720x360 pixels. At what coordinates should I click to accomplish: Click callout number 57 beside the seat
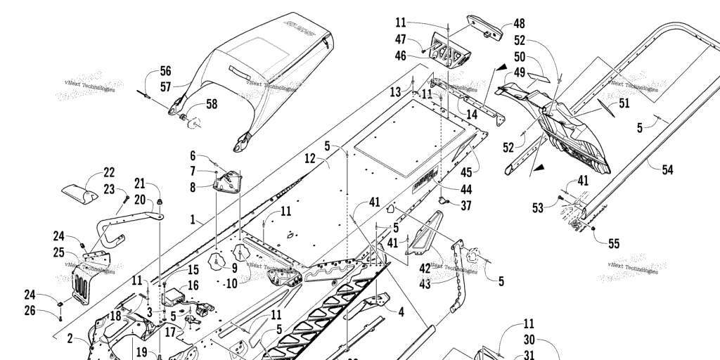[x=165, y=87]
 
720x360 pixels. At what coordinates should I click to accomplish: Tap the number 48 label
[x=519, y=23]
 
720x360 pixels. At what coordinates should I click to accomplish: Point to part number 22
[x=108, y=172]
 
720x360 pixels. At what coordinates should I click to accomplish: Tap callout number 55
[x=614, y=244]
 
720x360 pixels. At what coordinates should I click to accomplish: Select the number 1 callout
[x=192, y=220]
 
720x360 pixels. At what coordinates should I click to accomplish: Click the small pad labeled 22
[x=79, y=192]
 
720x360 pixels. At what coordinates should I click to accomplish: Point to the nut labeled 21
[x=159, y=204]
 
